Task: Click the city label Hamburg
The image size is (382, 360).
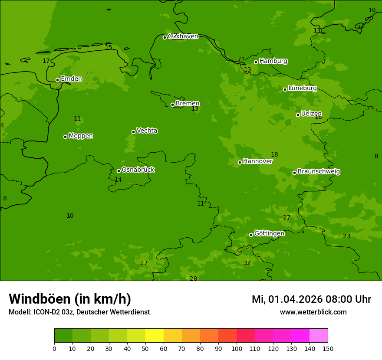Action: [273, 61]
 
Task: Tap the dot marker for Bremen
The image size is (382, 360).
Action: [172, 105]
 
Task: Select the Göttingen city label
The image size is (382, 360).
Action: [269, 234]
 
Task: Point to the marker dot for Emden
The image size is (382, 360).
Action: [57, 80]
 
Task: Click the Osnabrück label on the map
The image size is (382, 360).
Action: [138, 170]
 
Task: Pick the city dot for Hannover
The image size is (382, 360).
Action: [240, 163]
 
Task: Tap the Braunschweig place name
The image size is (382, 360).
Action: [319, 172]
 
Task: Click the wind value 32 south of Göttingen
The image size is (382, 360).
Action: [247, 263]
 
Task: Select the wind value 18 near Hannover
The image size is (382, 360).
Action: [274, 155]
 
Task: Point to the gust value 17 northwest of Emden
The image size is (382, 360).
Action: [46, 61]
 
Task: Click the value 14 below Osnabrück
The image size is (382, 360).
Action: [118, 180]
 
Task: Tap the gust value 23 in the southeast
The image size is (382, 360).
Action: [346, 236]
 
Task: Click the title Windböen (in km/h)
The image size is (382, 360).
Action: [70, 299]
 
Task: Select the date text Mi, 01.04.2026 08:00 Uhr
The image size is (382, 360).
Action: [311, 299]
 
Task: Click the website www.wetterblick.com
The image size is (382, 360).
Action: [313, 312]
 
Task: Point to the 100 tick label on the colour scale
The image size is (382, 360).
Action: [237, 348]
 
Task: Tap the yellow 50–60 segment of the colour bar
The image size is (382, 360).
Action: [155, 336]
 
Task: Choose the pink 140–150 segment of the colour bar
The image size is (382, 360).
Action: [319, 336]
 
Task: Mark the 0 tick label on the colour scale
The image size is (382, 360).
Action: [54, 348]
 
